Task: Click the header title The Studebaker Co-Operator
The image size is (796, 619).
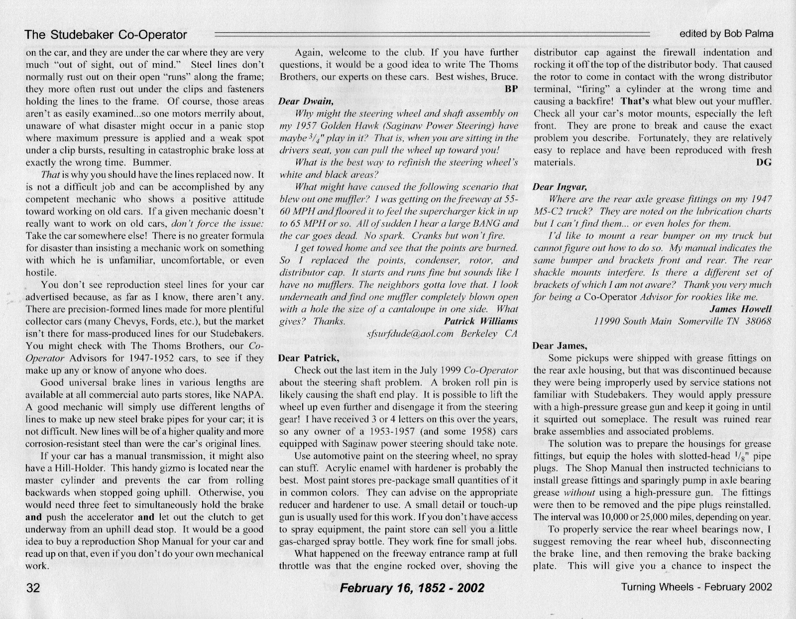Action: [106, 34]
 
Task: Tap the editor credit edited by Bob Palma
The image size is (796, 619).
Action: [726, 34]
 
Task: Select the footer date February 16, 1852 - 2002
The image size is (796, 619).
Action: [412, 588]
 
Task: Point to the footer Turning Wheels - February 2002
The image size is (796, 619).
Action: [696, 587]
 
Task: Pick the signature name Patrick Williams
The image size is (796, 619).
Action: [480, 321]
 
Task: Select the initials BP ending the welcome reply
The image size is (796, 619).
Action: [511, 89]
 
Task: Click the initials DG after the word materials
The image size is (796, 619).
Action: [764, 162]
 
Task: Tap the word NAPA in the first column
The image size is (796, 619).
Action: [249, 395]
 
